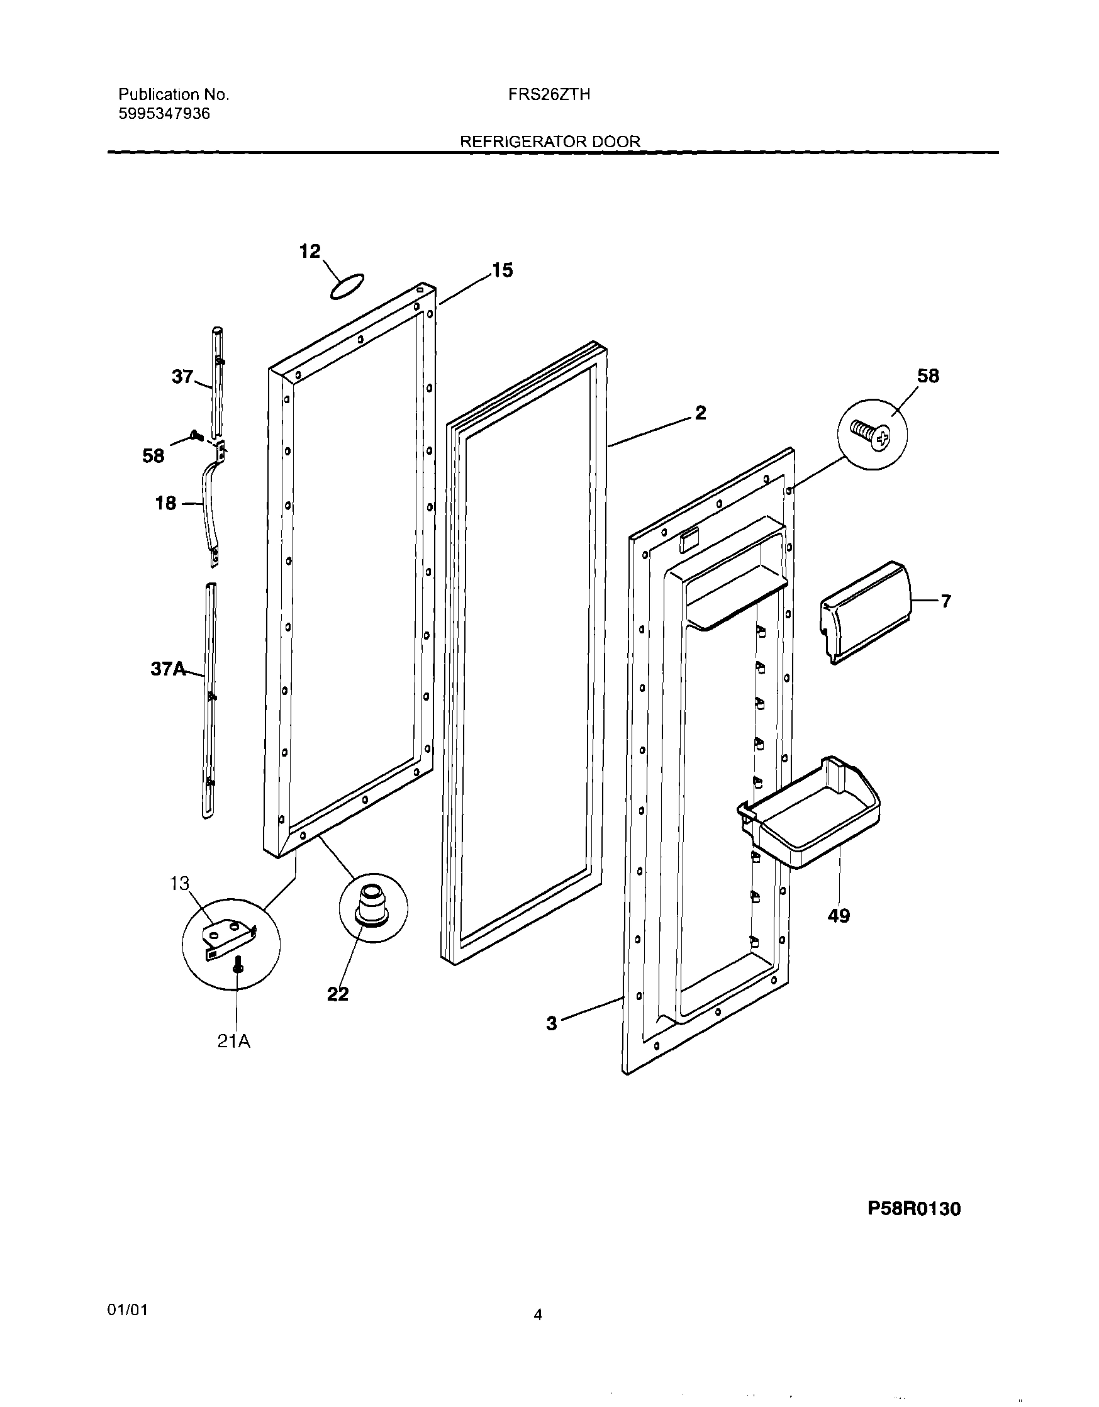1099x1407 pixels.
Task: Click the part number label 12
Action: coord(310,251)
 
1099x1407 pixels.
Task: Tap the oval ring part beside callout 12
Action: coord(347,286)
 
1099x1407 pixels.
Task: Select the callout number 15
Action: coord(502,270)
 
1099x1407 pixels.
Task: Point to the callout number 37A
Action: coord(167,669)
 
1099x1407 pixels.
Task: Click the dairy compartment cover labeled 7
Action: coord(866,612)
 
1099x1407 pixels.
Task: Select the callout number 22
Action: coord(338,994)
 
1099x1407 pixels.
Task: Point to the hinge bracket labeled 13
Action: coord(229,939)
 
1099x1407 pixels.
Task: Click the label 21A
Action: coord(233,1040)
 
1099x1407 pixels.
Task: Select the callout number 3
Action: coord(552,1024)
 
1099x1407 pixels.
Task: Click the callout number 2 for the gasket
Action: coord(700,413)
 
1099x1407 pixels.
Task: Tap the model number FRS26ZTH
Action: coord(549,95)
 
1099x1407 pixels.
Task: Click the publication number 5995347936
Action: coord(164,114)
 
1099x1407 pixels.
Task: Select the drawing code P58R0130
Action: coord(913,1209)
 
